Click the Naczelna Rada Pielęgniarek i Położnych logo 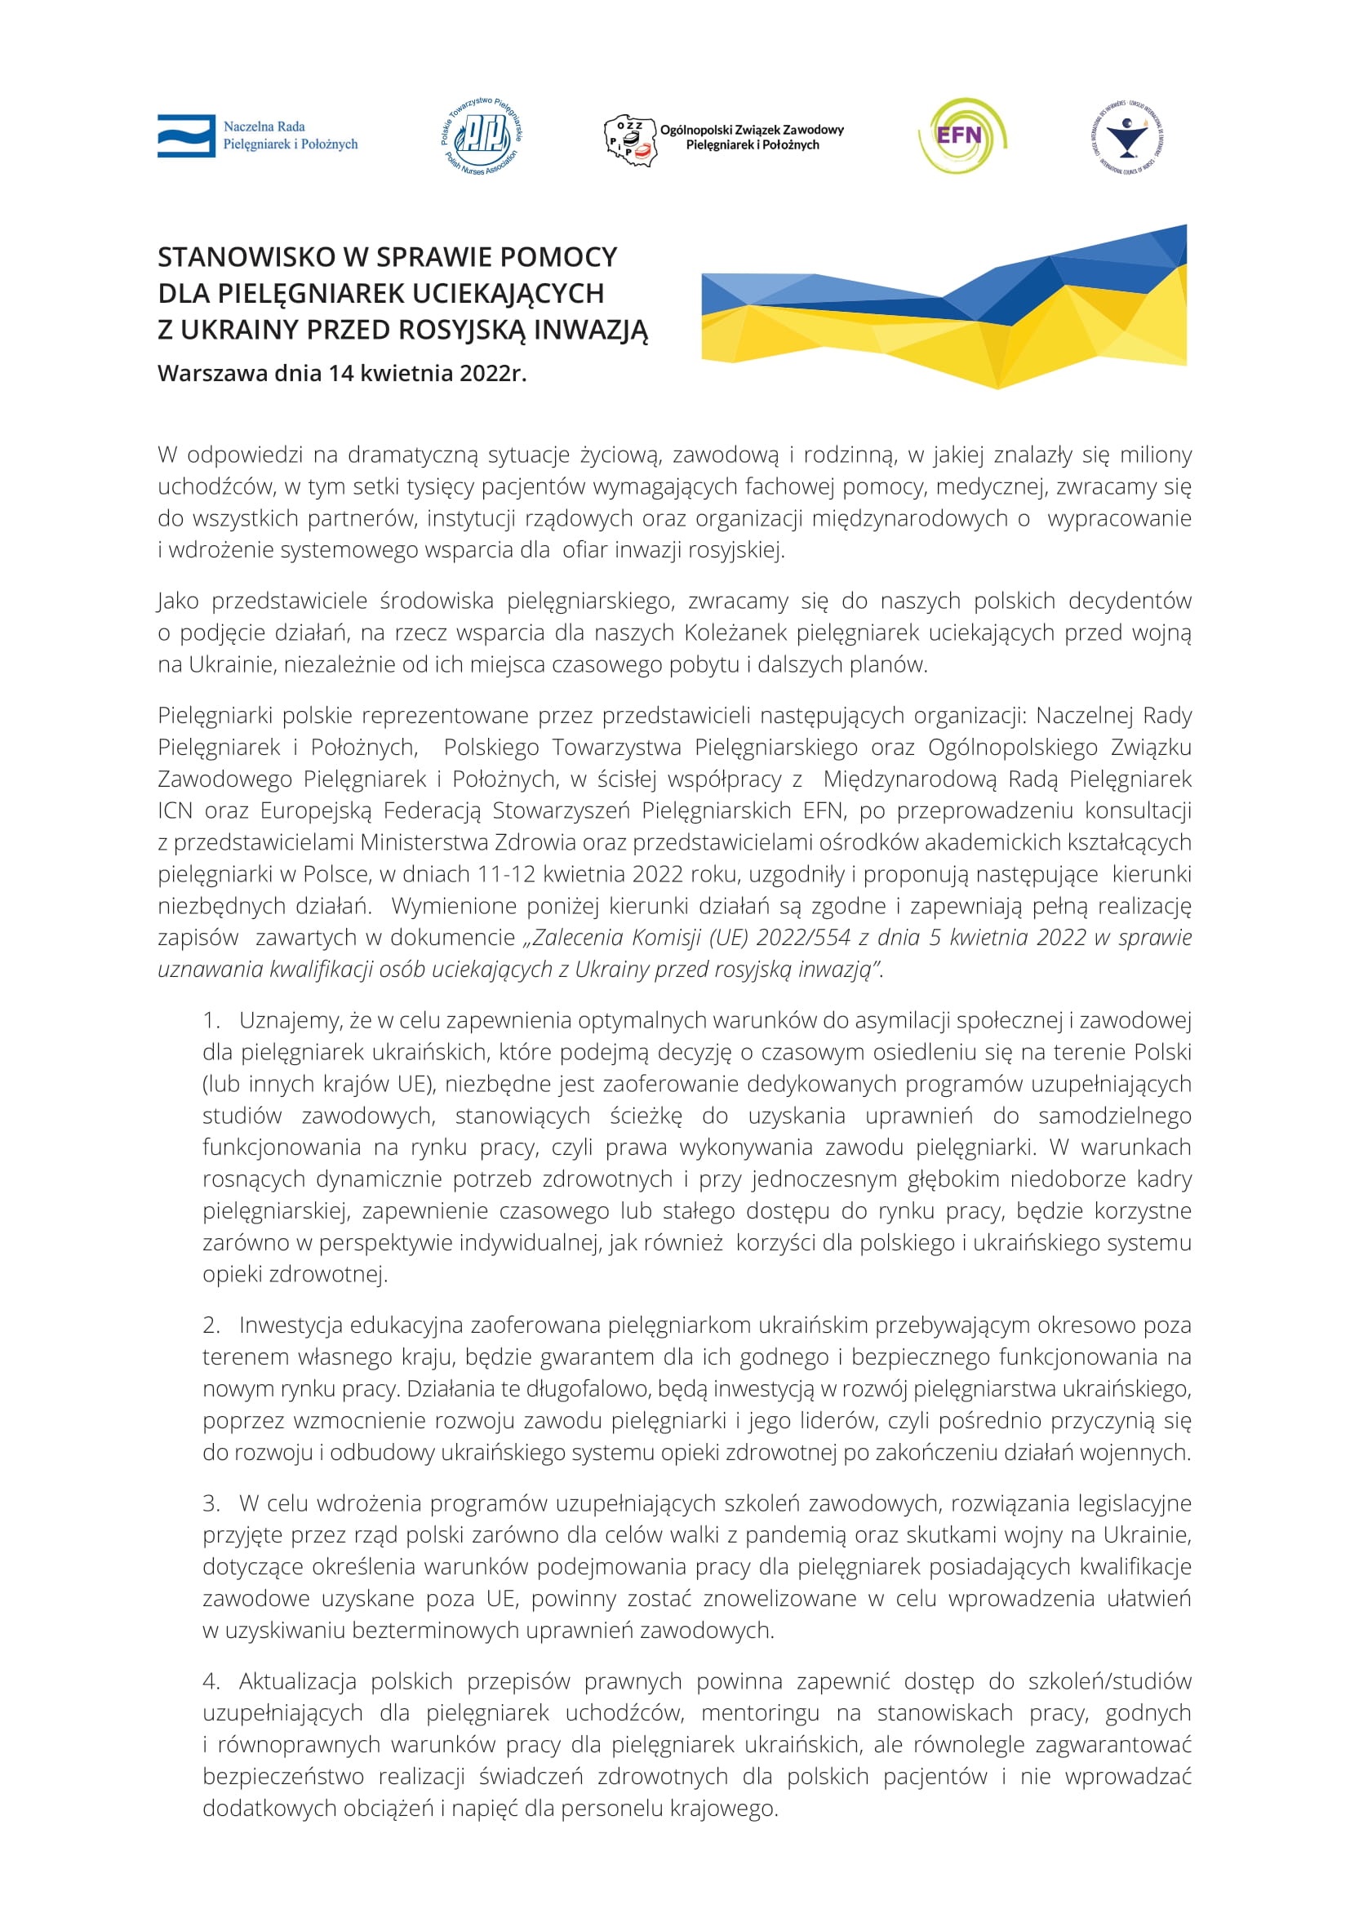coord(257,135)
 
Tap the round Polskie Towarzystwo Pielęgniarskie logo coord(482,136)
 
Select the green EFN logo coord(961,135)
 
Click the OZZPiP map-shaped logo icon coord(629,140)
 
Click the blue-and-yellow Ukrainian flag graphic coord(944,308)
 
